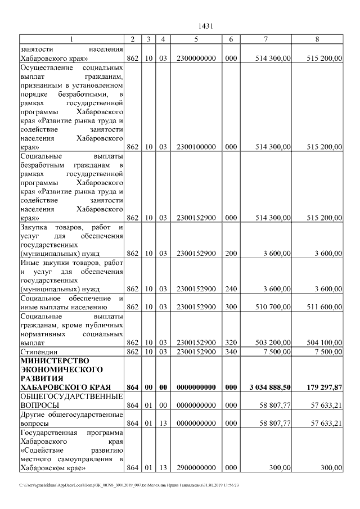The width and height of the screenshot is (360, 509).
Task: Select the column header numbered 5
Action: (x=196, y=39)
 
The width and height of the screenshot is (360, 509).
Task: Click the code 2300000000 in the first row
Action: (x=196, y=58)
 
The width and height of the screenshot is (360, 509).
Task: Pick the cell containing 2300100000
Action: (x=196, y=147)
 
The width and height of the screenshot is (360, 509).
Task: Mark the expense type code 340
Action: (x=231, y=352)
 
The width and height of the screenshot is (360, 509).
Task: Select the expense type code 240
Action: (x=231, y=289)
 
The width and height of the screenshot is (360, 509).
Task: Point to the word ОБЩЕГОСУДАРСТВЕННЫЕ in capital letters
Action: (x=71, y=397)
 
